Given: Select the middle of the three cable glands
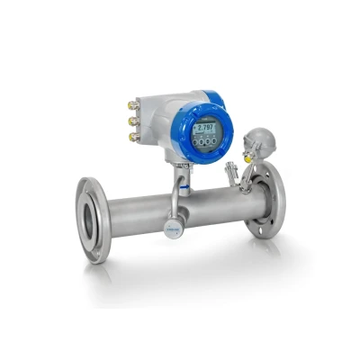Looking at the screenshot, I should point(132,120).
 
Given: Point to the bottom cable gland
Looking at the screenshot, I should point(133,137).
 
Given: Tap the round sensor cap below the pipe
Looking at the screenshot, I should point(172,229).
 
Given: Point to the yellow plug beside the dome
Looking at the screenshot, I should point(247,157).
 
